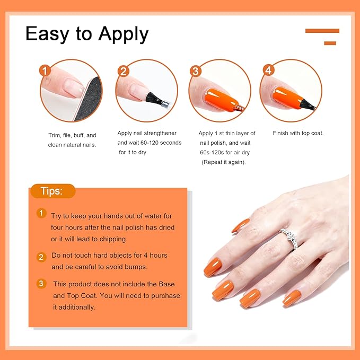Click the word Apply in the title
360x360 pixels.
(121, 34)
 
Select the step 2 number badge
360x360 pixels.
(124, 71)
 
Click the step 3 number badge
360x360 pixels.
(196, 71)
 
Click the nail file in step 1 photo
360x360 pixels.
(85, 101)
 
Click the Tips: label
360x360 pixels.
(52, 191)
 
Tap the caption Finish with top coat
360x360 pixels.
(298, 133)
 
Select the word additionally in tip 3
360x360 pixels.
(78, 307)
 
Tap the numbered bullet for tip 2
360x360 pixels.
(41, 257)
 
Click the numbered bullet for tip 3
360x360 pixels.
(41, 284)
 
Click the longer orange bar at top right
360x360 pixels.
(322, 31)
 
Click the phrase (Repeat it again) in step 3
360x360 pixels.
(223, 162)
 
